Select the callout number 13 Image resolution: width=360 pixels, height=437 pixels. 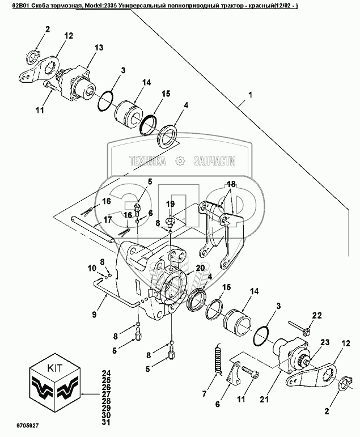click(98, 48)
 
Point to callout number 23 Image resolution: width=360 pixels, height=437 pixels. click(325, 342)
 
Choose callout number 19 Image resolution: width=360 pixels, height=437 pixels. click(170, 203)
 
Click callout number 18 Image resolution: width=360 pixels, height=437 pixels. click(231, 184)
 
